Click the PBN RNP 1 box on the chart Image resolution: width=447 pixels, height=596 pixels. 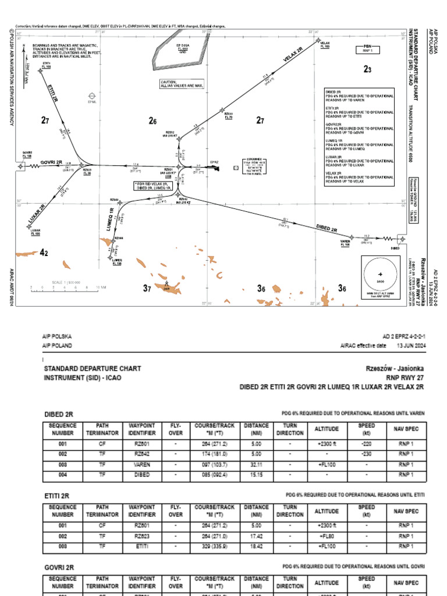(367, 49)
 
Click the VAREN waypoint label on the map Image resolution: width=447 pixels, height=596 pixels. (345, 243)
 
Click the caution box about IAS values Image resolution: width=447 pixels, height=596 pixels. (182, 84)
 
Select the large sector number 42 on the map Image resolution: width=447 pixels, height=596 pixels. (44, 253)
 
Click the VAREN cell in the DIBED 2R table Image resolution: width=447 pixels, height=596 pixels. (142, 465)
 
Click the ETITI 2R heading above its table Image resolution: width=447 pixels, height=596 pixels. (57, 495)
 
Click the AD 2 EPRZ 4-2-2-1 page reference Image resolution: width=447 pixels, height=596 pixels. (404, 336)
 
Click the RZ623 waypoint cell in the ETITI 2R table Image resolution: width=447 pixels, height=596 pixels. (142, 535)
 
